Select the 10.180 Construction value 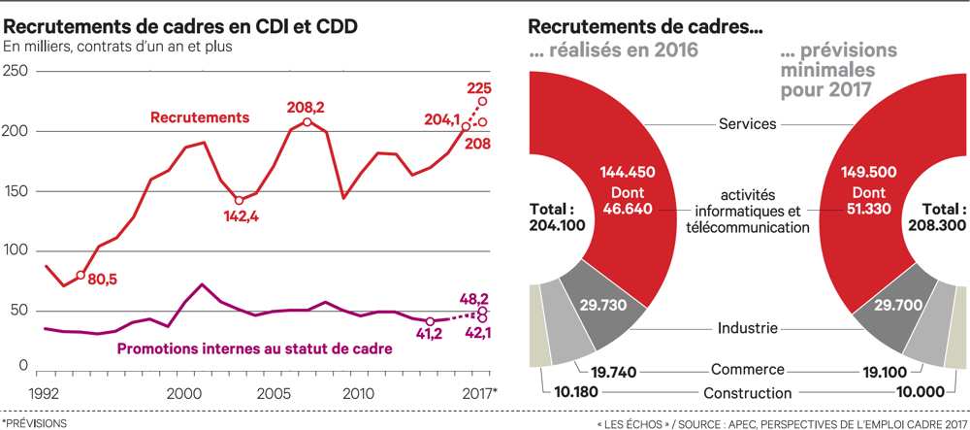(x=565, y=392)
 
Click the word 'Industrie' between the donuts (x=747, y=328)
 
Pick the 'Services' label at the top (x=747, y=124)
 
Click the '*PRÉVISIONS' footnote (x=37, y=423)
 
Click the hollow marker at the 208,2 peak (x=307, y=121)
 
